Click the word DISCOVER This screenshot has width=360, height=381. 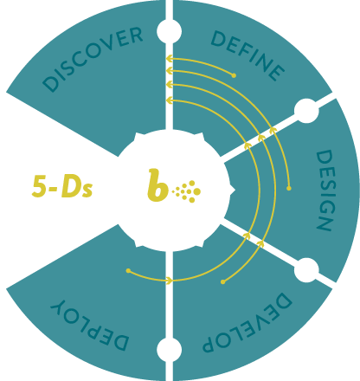coord(93,59)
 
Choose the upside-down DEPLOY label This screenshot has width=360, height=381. coord(89,326)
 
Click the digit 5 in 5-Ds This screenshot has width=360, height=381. coord(39,186)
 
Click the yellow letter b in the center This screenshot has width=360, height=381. coord(157,185)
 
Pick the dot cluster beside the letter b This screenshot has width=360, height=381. coord(186,191)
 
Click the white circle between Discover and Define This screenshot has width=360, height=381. coord(170,31)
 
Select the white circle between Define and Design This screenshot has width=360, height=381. coord(306,111)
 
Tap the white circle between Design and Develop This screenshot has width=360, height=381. coord(306,270)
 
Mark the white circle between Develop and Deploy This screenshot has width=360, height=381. coord(170,349)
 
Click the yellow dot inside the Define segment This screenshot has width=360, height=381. coord(234,75)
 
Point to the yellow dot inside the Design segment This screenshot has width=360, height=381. coord(289,188)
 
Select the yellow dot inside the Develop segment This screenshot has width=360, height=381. coord(222,281)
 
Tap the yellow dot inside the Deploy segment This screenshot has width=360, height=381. coord(128,271)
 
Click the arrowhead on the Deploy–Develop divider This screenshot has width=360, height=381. coord(170,280)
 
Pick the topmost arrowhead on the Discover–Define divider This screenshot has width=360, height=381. coord(170,59)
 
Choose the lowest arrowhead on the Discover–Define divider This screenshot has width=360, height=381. coord(170,100)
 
